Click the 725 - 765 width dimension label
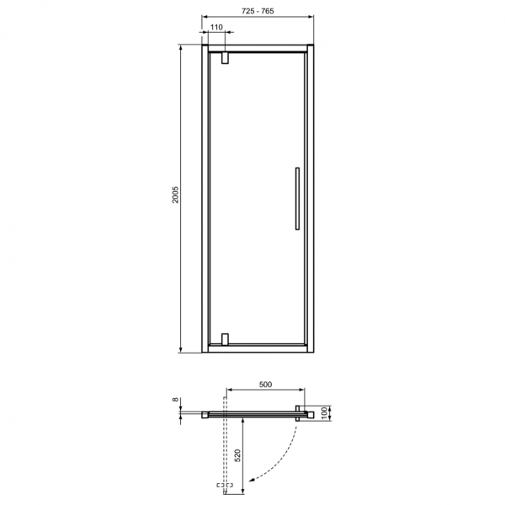coord(258,11)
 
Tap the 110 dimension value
coord(216,28)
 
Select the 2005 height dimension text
coord(175,194)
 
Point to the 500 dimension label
coord(265,385)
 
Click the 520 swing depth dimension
coord(237,455)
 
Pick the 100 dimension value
coord(324,413)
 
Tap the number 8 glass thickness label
coord(175,399)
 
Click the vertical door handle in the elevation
coord(297,199)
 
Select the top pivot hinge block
coord(225,58)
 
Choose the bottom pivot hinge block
coord(225,339)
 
